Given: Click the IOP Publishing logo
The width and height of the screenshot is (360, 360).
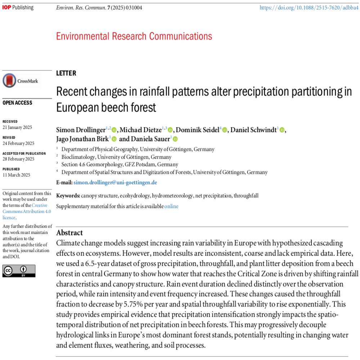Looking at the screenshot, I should (18, 8).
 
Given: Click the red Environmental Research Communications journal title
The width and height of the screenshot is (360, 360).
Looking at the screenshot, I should (134, 36).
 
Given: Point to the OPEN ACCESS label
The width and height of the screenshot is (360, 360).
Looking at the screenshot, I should (17, 103).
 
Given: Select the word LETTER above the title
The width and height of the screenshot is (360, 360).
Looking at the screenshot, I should (66, 73).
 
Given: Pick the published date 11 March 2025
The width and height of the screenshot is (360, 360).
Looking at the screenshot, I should (16, 175).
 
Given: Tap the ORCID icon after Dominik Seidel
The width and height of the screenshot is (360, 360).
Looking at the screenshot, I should (225, 130).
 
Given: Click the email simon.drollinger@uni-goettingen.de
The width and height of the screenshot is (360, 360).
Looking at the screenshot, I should (115, 183).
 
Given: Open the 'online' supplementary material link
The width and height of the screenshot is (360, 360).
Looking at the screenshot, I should (171, 206).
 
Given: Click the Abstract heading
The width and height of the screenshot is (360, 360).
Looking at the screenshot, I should (69, 233).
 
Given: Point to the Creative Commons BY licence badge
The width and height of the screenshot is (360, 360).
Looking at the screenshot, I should (19, 270).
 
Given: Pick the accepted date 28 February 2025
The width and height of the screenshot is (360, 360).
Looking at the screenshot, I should (18, 159).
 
